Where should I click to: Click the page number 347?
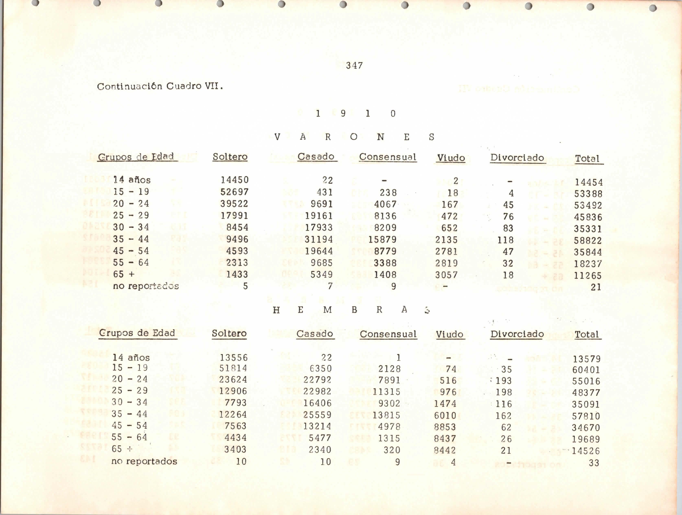tap(354, 65)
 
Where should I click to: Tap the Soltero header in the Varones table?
tap(230, 157)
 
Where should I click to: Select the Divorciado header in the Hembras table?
tap(517, 334)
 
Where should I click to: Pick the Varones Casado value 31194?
tap(319, 239)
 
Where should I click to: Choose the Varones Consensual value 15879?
tap(382, 239)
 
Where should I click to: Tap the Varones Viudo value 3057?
tap(446, 275)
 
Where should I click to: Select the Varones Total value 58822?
tap(588, 241)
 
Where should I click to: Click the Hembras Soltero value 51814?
tap(233, 368)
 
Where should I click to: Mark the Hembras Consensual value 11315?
tap(386, 392)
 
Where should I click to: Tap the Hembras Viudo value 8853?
tap(445, 427)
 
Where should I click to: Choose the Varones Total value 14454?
tap(589, 182)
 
